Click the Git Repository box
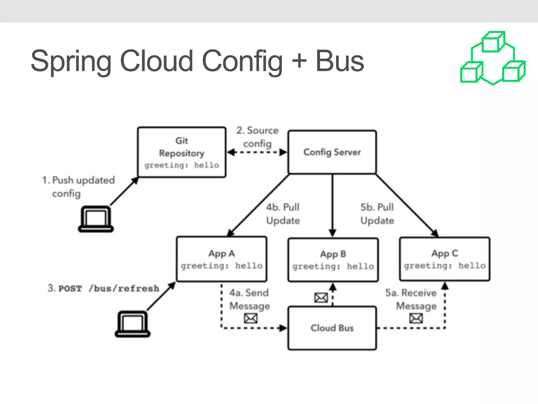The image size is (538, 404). click(182, 152)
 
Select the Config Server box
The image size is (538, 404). click(332, 152)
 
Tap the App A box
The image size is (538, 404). click(221, 259)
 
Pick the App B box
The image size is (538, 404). click(333, 260)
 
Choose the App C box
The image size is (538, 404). click(444, 259)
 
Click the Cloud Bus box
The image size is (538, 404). click(332, 328)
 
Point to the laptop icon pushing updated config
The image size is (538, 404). click(96, 219)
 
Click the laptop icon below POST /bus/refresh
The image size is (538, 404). click(133, 324)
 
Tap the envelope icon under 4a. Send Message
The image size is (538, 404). click(251, 319)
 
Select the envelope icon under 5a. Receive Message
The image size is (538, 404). click(416, 319)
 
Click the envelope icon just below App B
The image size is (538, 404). click(321, 298)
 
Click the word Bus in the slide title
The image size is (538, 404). click(340, 61)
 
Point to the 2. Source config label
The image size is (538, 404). click(257, 137)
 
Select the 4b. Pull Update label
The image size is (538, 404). click(283, 214)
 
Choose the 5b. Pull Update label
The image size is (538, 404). click(377, 214)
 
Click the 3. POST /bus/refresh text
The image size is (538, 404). click(104, 288)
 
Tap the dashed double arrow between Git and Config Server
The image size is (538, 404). click(257, 152)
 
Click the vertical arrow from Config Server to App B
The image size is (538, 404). click(333, 205)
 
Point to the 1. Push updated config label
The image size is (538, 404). click(78, 187)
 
